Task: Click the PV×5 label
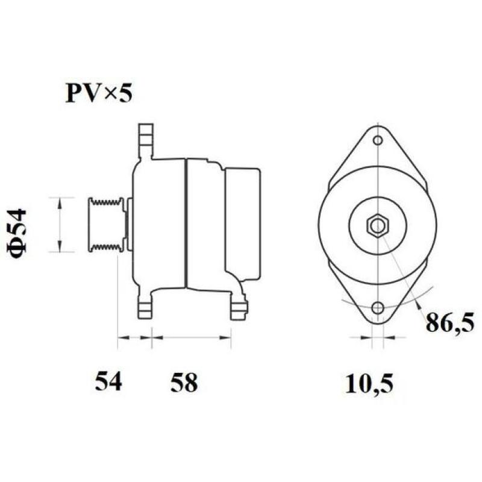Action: click(98, 94)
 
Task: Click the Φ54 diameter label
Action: click(19, 234)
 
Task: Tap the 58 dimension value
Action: click(183, 382)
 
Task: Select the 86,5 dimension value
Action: click(450, 323)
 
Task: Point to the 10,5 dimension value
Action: click(369, 383)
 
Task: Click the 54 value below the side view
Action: click(108, 382)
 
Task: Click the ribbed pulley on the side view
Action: click(107, 224)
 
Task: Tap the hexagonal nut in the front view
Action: click(377, 226)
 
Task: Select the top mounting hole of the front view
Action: click(377, 141)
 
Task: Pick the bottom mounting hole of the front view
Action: click(377, 308)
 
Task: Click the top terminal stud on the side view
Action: click(145, 138)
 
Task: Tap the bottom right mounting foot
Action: click(239, 308)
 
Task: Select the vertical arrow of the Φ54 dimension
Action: click(59, 224)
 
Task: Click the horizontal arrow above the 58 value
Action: click(191, 338)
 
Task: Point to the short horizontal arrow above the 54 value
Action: click(134, 338)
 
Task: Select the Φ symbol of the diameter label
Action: click(19, 249)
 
